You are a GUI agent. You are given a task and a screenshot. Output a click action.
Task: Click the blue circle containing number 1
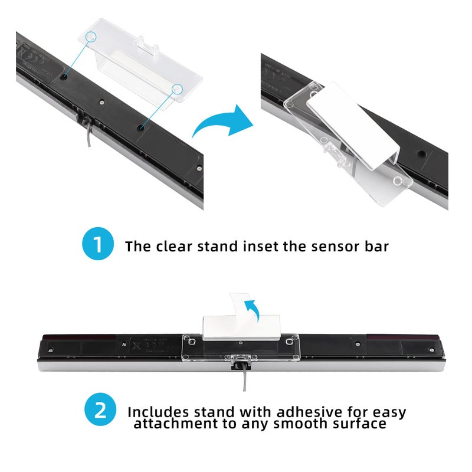99,245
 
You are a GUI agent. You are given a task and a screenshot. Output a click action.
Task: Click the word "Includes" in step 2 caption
159,411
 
